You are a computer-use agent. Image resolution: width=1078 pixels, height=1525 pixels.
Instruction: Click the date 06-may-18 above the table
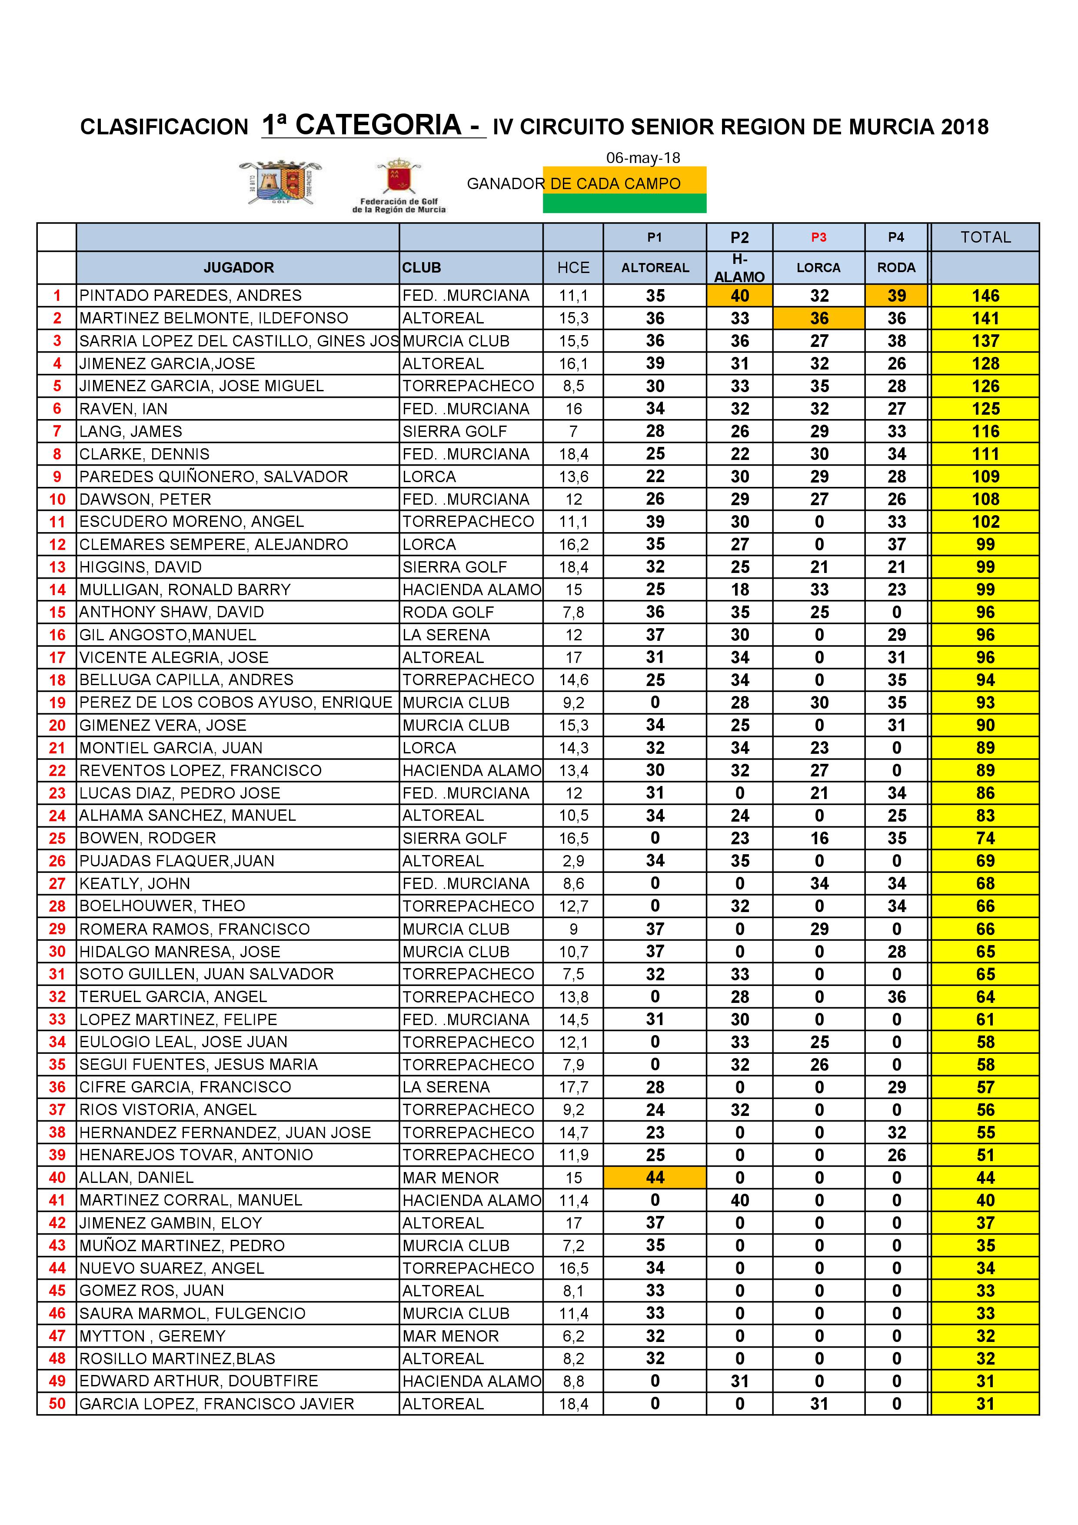642,157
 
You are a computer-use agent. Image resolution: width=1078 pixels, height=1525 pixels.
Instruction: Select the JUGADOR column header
239,268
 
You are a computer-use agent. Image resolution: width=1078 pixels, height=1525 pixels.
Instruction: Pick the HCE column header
573,268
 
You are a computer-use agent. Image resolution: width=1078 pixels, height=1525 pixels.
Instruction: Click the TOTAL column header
985,237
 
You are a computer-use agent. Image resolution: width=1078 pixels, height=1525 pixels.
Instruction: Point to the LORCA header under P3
818,268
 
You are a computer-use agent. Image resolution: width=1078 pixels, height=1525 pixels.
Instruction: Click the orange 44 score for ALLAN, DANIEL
655,1178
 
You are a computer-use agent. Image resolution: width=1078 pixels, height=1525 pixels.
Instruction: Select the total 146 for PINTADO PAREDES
985,296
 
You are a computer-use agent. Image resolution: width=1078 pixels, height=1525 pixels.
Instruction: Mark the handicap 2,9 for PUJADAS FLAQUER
573,861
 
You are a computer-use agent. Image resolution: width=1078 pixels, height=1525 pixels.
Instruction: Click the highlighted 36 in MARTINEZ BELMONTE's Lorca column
819,318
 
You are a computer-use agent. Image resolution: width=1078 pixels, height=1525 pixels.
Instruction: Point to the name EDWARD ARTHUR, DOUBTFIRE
199,1381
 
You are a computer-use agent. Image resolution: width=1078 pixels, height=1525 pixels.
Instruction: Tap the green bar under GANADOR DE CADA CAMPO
624,203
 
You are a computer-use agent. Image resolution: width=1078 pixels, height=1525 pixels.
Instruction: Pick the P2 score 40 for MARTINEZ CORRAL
739,1200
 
